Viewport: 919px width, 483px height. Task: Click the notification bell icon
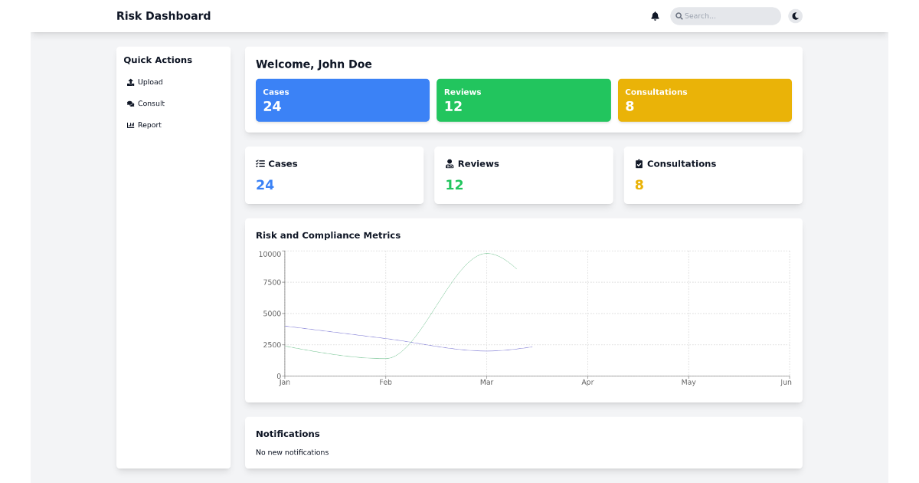655,16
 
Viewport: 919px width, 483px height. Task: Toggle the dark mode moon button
796,16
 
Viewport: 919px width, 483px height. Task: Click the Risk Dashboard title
163,16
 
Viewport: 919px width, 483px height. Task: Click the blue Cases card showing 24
342,100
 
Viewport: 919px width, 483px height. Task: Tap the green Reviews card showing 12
523,100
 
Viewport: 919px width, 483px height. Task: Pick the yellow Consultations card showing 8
705,100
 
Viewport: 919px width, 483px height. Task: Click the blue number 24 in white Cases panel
265,185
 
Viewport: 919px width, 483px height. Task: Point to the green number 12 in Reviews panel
454,185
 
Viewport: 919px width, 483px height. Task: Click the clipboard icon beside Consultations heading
639,164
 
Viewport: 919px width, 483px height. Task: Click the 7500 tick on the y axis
272,282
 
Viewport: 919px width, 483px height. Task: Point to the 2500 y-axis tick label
272,345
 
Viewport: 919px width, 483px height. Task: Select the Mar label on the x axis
486,383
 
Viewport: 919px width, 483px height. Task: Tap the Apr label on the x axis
587,383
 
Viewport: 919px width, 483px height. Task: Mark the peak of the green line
487,253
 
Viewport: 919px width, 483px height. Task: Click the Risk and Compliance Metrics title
328,235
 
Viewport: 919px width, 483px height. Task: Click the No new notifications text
292,452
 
